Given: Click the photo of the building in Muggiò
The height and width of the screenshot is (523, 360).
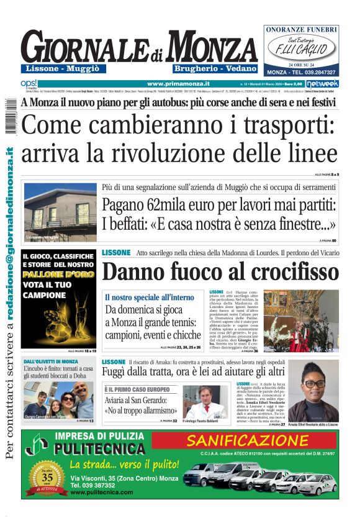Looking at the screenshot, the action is point(60,212).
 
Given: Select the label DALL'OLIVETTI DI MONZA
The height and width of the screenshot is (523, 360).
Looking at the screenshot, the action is point(51,362).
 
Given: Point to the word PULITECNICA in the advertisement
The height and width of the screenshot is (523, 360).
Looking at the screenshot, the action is point(99,448).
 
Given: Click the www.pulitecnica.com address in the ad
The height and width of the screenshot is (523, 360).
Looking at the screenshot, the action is point(102,492).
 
